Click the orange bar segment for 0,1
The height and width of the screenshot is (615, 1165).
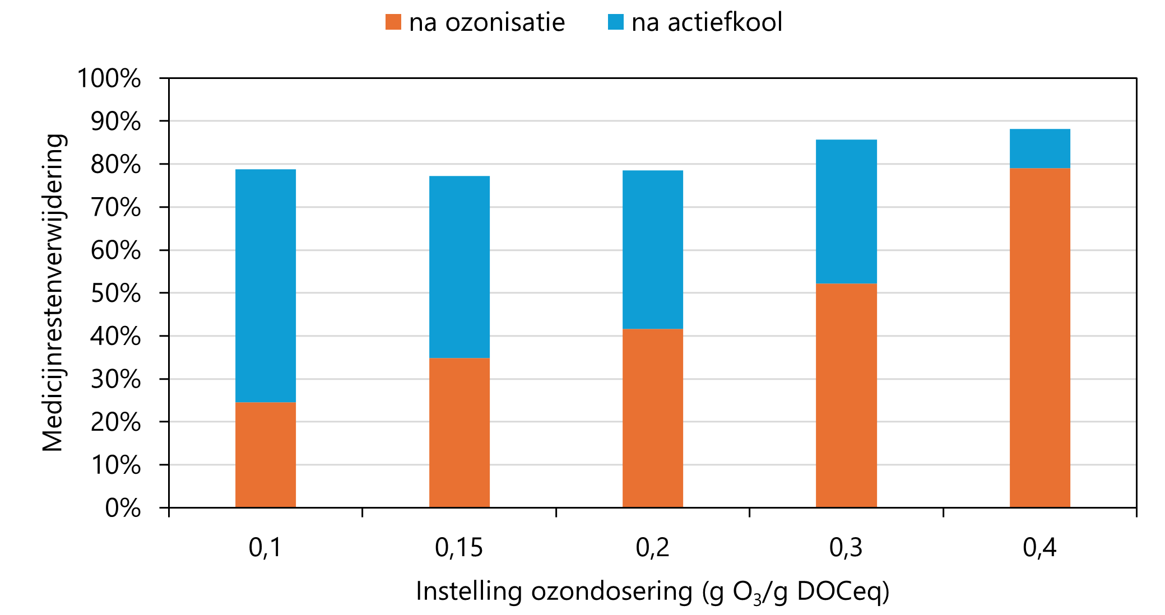point(266,455)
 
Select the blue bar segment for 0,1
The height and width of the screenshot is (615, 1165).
point(266,286)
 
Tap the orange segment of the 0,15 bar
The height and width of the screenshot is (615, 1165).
point(459,432)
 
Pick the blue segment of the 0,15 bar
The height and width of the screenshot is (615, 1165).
point(459,267)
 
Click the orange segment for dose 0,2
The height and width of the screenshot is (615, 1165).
point(653,418)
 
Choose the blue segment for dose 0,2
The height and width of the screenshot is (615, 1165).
point(653,249)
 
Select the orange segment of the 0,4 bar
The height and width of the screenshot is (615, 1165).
point(1040,338)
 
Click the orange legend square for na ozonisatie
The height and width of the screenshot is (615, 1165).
point(393,22)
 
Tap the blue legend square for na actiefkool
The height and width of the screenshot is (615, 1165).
point(616,22)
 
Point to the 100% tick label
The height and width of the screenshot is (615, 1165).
point(109,78)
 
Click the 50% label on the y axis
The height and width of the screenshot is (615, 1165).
point(116,293)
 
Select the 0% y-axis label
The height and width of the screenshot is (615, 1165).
point(123,508)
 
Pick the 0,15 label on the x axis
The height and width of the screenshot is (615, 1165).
point(459,547)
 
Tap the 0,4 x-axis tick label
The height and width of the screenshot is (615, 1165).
point(1039,547)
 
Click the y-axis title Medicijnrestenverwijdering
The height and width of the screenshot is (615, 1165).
point(54,292)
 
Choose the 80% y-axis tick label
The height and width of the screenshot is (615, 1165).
point(116,165)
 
